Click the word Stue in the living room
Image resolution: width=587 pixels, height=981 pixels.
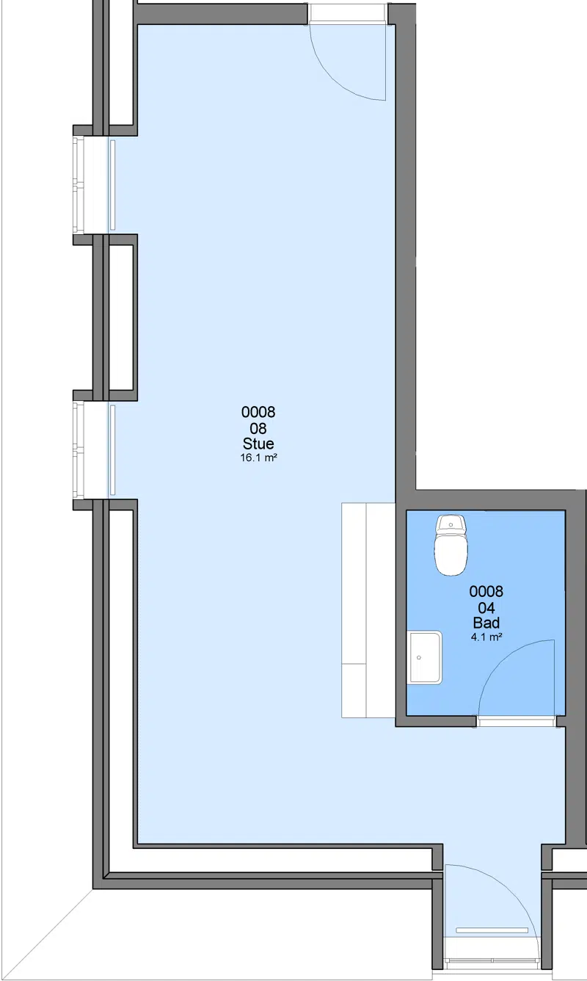(x=258, y=444)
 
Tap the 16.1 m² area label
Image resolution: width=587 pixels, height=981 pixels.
(x=258, y=458)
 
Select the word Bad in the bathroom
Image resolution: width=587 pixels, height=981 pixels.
(x=486, y=623)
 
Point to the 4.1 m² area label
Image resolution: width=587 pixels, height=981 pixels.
(x=486, y=637)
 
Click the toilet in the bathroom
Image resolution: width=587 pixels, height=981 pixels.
(x=451, y=545)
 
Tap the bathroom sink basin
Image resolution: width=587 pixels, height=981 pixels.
(x=424, y=657)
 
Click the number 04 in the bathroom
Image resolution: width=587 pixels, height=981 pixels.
(x=486, y=608)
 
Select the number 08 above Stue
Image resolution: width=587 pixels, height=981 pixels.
(x=258, y=428)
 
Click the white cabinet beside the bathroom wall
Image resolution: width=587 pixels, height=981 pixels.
(x=368, y=610)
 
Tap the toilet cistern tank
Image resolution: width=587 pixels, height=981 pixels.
(x=451, y=524)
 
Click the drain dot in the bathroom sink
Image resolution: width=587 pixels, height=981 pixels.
(x=419, y=657)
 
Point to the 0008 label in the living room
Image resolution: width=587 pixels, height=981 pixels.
(x=258, y=412)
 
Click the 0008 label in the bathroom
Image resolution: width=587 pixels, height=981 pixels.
(x=486, y=592)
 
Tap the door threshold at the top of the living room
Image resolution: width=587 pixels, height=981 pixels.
(x=348, y=13)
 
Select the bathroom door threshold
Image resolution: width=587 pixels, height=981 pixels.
(x=517, y=722)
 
